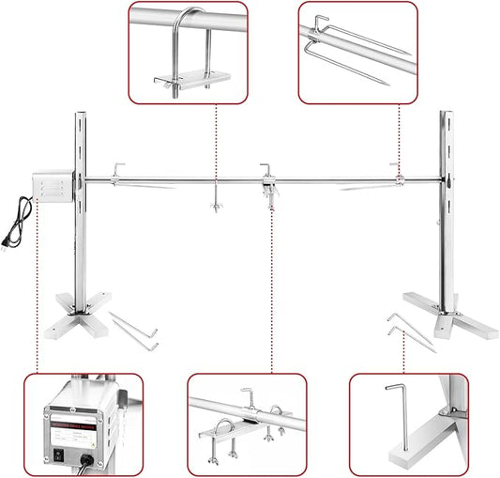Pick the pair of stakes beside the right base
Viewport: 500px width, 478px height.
click(x=410, y=332)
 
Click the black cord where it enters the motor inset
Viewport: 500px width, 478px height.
click(x=89, y=460)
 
